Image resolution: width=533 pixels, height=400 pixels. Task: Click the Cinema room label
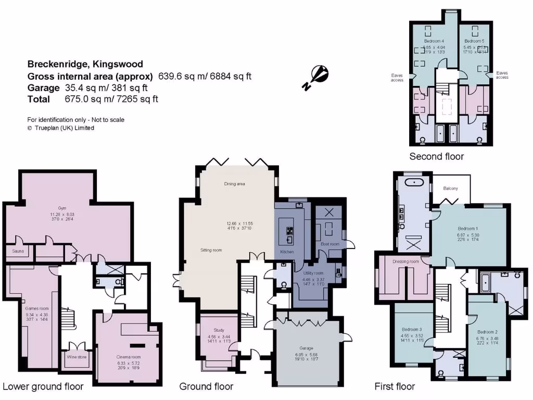(x=129, y=357)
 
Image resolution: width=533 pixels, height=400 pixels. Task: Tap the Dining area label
(x=234, y=184)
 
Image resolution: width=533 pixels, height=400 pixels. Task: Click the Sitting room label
(x=211, y=250)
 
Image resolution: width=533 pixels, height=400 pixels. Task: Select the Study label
(x=219, y=330)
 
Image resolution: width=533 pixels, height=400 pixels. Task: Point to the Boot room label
(x=330, y=244)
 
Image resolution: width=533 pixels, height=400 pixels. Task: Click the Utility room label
(x=313, y=273)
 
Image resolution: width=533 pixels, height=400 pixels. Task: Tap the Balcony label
(x=450, y=188)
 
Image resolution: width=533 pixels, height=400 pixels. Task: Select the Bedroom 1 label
(x=467, y=228)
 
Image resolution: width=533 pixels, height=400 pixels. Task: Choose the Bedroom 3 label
(x=412, y=329)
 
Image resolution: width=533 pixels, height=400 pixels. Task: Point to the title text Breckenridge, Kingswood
(x=85, y=65)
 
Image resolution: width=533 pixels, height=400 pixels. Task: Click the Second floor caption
(x=436, y=156)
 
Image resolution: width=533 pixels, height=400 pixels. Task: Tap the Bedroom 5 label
(x=474, y=41)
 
